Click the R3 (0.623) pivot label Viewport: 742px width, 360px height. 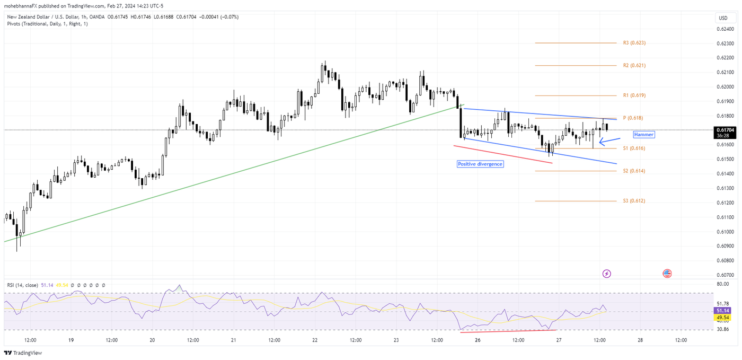[634, 43]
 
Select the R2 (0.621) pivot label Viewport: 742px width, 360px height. [634, 66]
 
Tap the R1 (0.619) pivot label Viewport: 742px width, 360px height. [634, 95]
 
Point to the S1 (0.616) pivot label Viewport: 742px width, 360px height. [634, 148]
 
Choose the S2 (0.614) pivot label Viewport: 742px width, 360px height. [634, 171]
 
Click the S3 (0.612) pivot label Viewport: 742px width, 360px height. [634, 201]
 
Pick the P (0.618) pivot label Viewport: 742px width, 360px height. [633, 118]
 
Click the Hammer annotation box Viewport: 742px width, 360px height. [644, 135]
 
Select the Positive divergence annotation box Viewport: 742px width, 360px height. [480, 164]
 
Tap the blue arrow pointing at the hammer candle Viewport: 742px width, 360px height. [609, 141]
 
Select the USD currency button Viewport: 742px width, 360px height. [723, 18]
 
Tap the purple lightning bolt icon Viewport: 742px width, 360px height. [607, 274]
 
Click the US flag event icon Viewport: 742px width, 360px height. [667, 274]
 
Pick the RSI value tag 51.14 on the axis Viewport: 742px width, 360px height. [723, 310]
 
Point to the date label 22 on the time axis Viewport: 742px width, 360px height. [315, 340]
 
